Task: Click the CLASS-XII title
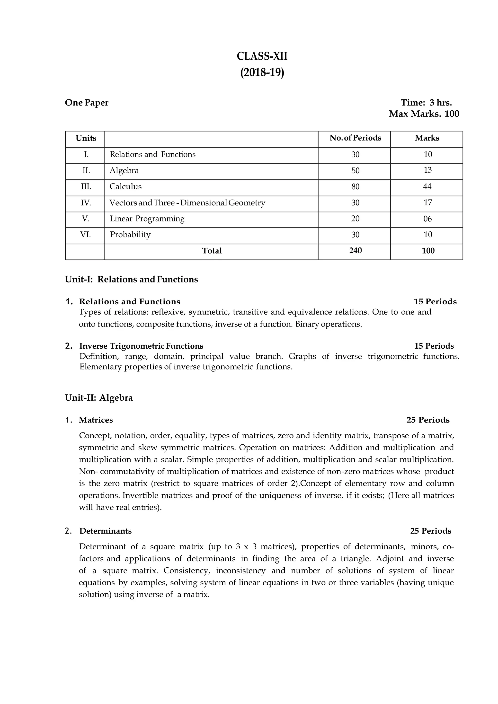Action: pyautogui.click(x=262, y=57)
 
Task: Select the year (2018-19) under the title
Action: pyautogui.click(x=262, y=73)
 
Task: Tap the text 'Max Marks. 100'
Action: pyautogui.click(x=424, y=114)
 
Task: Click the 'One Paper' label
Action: pyautogui.click(x=87, y=103)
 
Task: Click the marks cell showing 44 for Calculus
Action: pyautogui.click(x=427, y=186)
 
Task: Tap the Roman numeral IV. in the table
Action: pyautogui.click(x=86, y=203)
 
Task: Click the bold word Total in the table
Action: pyautogui.click(x=212, y=251)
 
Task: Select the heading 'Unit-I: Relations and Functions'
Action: pyautogui.click(x=131, y=279)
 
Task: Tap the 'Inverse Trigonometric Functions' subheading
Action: pyautogui.click(x=141, y=346)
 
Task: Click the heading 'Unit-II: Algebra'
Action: pyautogui.click(x=99, y=398)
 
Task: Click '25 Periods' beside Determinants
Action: pyautogui.click(x=431, y=531)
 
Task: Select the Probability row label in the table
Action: pyautogui.click(x=130, y=235)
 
